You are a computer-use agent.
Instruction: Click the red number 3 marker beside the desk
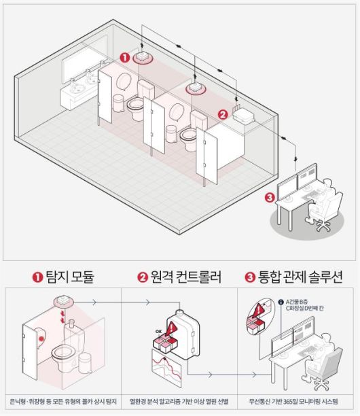pos(270,198)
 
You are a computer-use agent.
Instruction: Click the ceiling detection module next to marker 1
pos(143,56)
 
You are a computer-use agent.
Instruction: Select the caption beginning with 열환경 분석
pos(180,401)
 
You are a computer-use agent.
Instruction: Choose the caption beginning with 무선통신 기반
pos(298,401)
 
